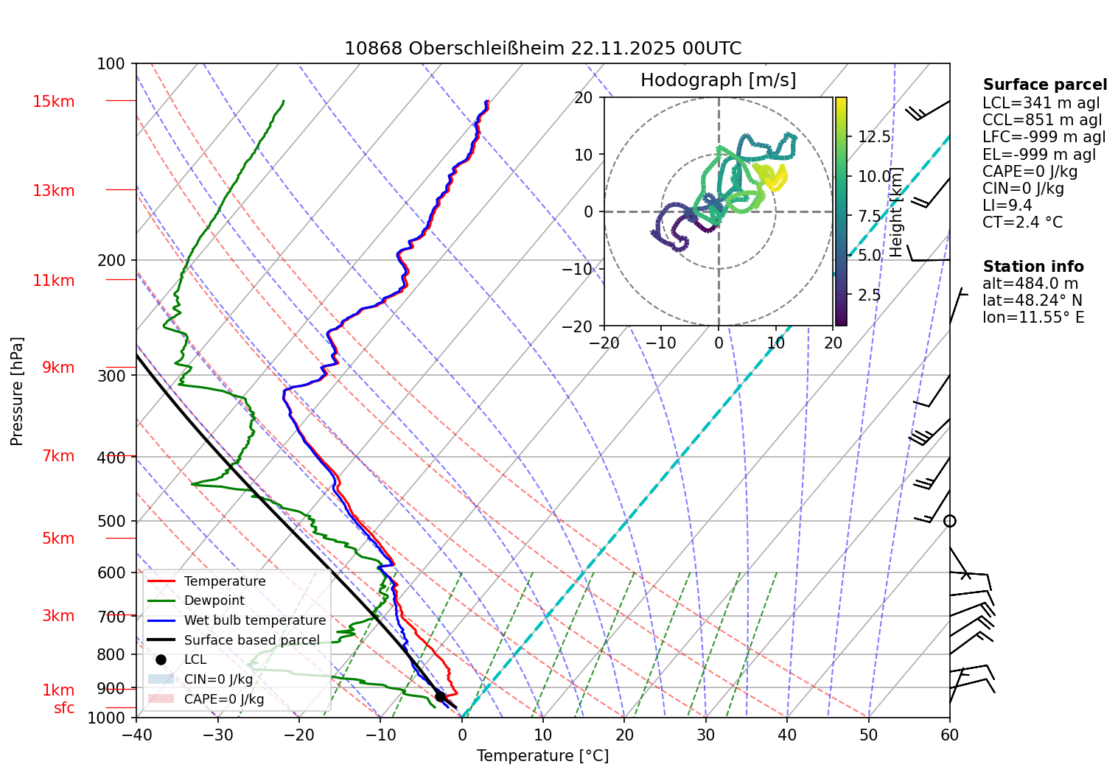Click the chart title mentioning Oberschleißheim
pos(542,49)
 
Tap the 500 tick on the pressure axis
pos(111,521)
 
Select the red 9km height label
pos(58,367)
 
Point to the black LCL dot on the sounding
pos(440,696)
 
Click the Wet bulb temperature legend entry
pos(254,620)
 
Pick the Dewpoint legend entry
pos(214,600)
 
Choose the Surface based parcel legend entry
pos(251,640)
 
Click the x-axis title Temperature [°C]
pos(542,756)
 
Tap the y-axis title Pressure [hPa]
pos(17,391)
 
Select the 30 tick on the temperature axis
pos(705,735)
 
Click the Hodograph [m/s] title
pos(718,80)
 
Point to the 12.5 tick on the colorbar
pos(874,137)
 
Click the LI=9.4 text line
pos(1007,206)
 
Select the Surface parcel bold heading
pos(1044,85)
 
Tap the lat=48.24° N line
pos(1032,301)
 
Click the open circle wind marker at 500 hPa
pos(950,521)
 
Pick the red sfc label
pos(64,708)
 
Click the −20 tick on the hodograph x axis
pos(604,343)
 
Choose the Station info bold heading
pos(1033,267)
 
